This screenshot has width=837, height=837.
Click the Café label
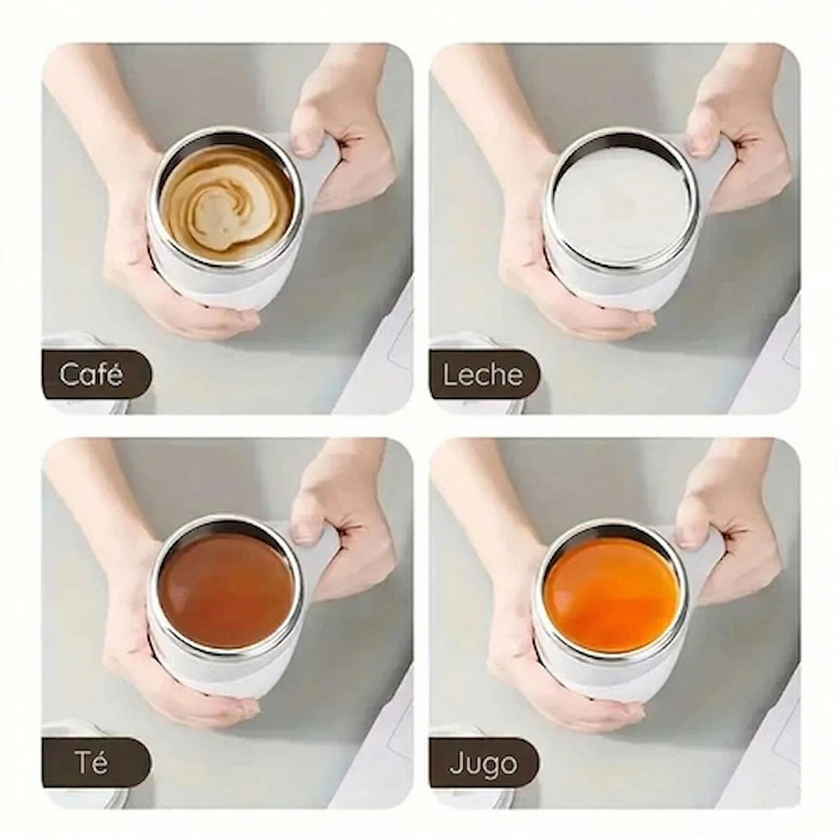92,374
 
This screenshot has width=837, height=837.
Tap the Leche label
482,375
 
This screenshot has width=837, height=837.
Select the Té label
92,763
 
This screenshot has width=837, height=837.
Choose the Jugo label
483,764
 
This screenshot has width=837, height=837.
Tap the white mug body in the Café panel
226,284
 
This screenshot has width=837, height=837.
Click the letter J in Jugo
455,764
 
